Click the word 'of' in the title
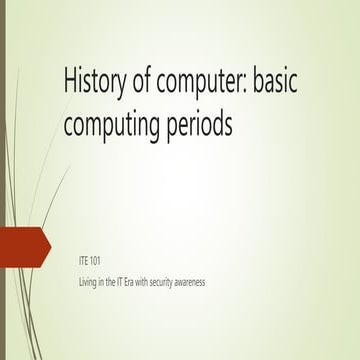pos(148,81)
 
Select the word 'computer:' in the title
pos(208,83)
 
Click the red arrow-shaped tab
pos(22,245)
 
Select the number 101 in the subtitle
pos(97,260)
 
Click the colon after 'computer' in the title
pos(250,85)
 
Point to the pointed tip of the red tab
pos(49,245)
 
